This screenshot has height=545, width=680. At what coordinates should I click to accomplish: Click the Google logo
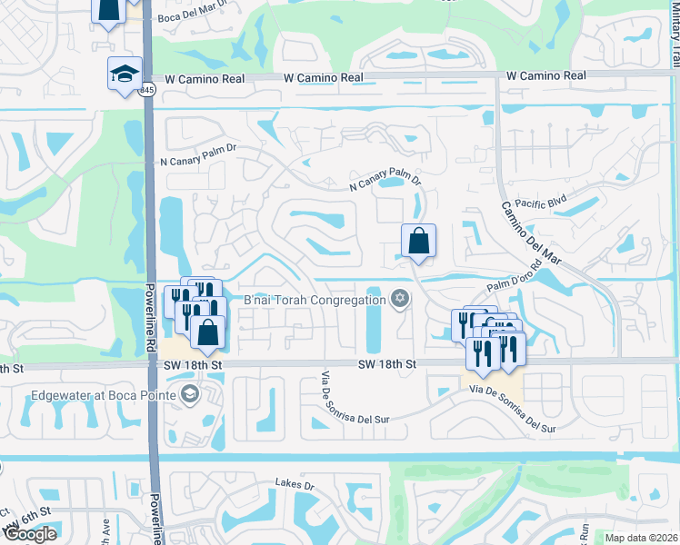pyautogui.click(x=30, y=533)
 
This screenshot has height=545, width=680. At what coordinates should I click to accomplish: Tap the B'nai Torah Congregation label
pyautogui.click(x=315, y=300)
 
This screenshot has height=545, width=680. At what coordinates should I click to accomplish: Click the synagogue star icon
pyautogui.click(x=399, y=299)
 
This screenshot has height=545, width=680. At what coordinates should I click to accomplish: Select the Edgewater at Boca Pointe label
pyautogui.click(x=104, y=394)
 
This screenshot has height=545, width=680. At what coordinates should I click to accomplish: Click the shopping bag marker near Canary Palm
pyautogui.click(x=418, y=242)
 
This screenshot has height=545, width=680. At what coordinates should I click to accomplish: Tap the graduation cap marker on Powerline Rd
pyautogui.click(x=125, y=74)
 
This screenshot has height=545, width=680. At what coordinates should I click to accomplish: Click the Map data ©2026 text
pyautogui.click(x=642, y=538)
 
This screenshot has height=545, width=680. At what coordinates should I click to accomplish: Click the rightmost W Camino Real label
pyautogui.click(x=545, y=76)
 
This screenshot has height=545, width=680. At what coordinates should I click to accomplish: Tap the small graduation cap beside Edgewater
pyautogui.click(x=189, y=394)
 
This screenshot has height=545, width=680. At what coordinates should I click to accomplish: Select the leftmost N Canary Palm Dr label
pyautogui.click(x=199, y=148)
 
